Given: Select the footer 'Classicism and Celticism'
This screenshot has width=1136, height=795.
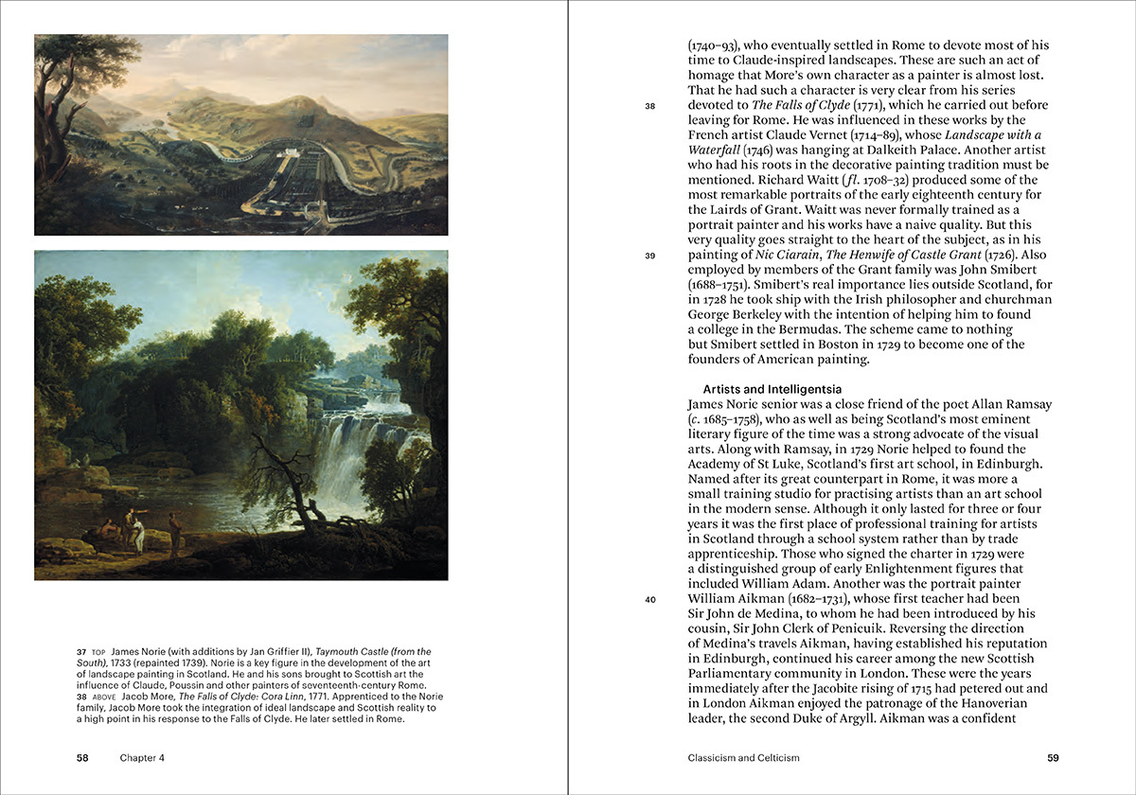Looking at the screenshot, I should click(x=744, y=757).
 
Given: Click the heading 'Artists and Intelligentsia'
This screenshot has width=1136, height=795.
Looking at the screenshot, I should click(x=772, y=389).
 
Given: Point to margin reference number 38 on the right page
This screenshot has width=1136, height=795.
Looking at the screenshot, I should click(x=650, y=106).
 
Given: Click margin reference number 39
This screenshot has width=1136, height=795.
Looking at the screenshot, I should click(x=650, y=255).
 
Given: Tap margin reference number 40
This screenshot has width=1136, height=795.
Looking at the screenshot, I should click(x=650, y=598).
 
